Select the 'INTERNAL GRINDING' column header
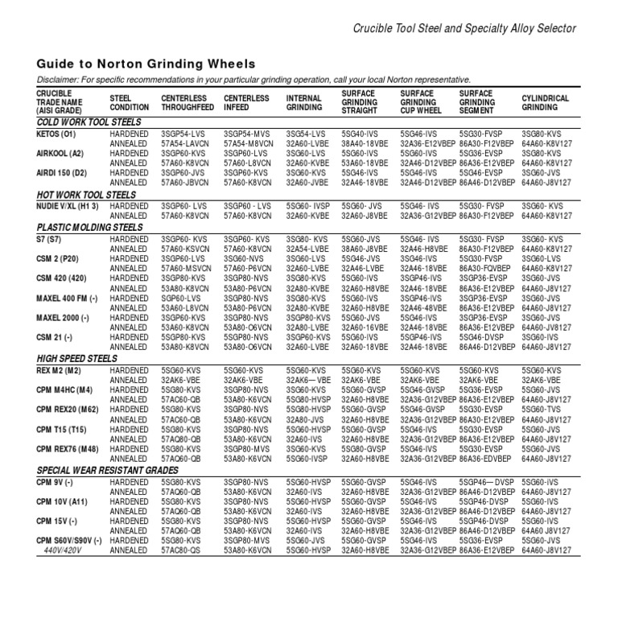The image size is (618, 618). [305, 102]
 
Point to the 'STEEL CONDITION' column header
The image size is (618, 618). [130, 102]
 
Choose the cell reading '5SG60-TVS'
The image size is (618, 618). [540, 410]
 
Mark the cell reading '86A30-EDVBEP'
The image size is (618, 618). [488, 459]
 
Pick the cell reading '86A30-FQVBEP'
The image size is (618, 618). [487, 268]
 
